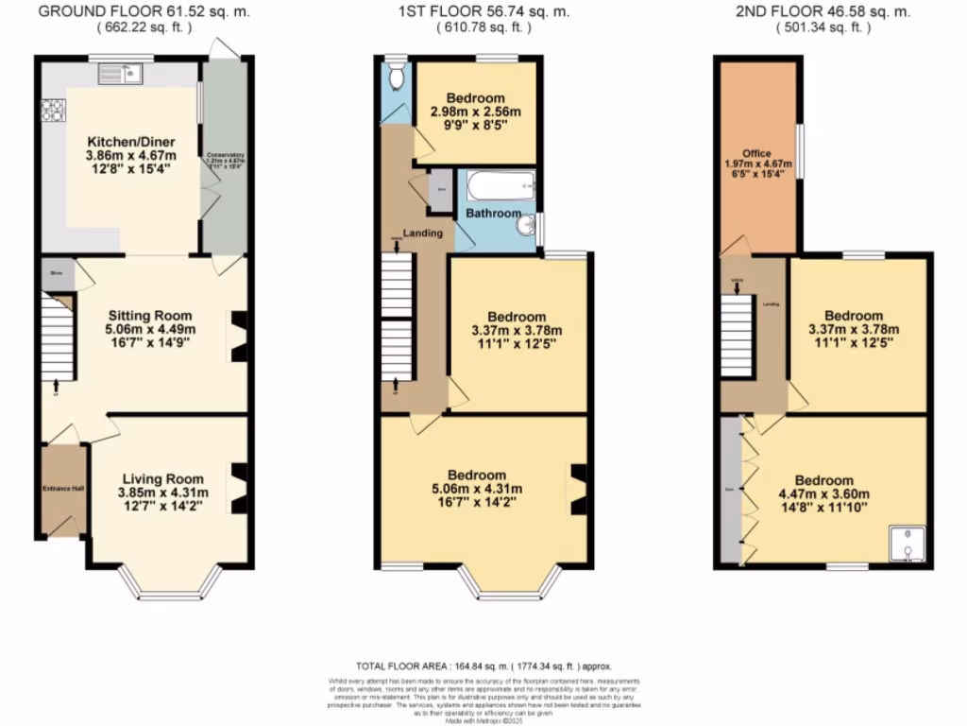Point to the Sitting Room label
(x=149, y=316)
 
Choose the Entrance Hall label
(x=63, y=489)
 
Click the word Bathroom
(x=492, y=214)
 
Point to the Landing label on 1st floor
(x=422, y=233)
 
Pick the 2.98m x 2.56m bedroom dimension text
(x=476, y=112)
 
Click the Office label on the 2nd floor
(x=756, y=153)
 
